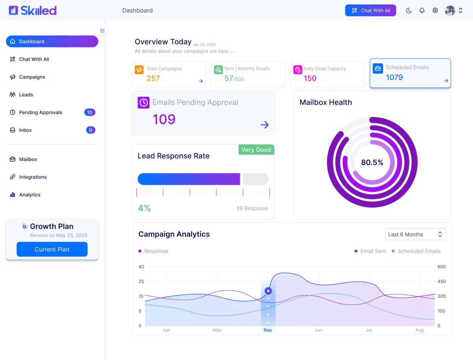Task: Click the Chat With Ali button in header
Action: click(370, 11)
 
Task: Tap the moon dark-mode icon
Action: click(409, 11)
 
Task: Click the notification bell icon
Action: click(422, 11)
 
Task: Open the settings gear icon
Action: click(435, 11)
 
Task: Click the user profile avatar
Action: click(450, 11)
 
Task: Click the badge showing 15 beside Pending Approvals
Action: click(89, 112)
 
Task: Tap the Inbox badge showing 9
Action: click(90, 130)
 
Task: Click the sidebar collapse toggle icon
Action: click(102, 31)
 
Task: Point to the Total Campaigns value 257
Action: click(153, 78)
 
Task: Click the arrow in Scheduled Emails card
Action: click(446, 81)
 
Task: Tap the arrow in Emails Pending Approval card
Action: click(264, 125)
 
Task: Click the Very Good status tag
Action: click(256, 150)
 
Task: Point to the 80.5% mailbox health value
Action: click(372, 162)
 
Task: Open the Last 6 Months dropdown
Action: click(415, 234)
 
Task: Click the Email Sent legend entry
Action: click(370, 251)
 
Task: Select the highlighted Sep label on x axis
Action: click(268, 330)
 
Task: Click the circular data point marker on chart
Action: click(268, 291)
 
